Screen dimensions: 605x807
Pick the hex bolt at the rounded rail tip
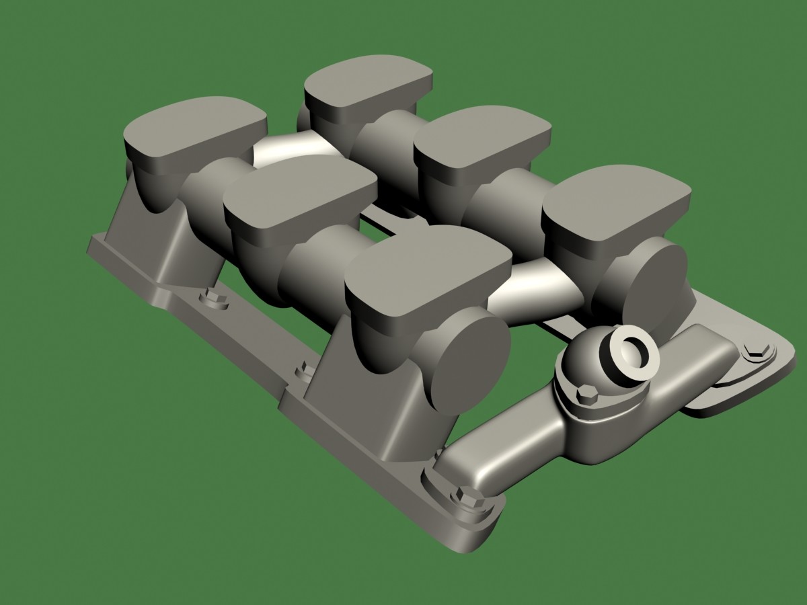click(x=469, y=497)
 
